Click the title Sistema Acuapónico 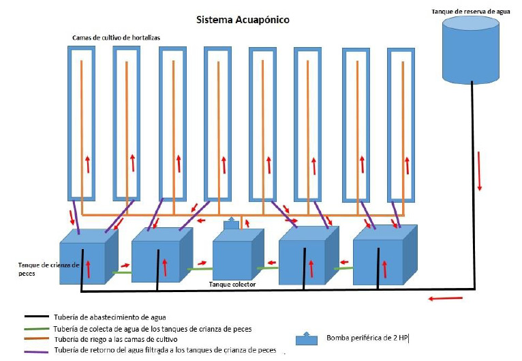point(243,20)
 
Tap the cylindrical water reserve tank point(471,50)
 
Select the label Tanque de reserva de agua point(471,12)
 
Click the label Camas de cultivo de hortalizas point(116,38)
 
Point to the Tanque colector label point(232,285)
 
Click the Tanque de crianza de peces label point(48,269)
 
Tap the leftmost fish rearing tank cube point(89,257)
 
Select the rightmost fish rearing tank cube point(385,255)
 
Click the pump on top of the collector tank point(231,224)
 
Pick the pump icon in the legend point(306,338)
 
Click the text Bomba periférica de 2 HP point(367,338)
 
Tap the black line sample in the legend point(37,317)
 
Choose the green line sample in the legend point(37,329)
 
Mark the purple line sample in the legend point(37,351)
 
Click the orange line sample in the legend point(37,339)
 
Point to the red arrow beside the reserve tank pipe point(479,171)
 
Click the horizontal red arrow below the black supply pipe point(445,298)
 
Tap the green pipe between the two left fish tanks point(122,273)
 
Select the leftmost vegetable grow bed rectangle point(81,124)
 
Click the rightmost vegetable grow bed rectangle point(401,125)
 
